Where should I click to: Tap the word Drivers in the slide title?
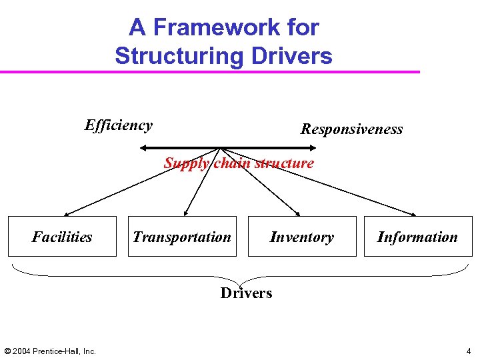coord(292,55)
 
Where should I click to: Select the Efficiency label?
coord(119,125)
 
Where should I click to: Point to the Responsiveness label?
coord(351,129)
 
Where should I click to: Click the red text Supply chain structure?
coord(239,163)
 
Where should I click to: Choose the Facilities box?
coord(62,237)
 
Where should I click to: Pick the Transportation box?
coord(182,237)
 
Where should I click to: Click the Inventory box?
coord(301,237)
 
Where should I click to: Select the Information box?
coord(417,237)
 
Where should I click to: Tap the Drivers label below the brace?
coord(246,293)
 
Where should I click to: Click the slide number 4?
coord(469,351)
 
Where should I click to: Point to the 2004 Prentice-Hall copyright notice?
coord(50,351)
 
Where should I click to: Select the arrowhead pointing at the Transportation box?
coord(186,213)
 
